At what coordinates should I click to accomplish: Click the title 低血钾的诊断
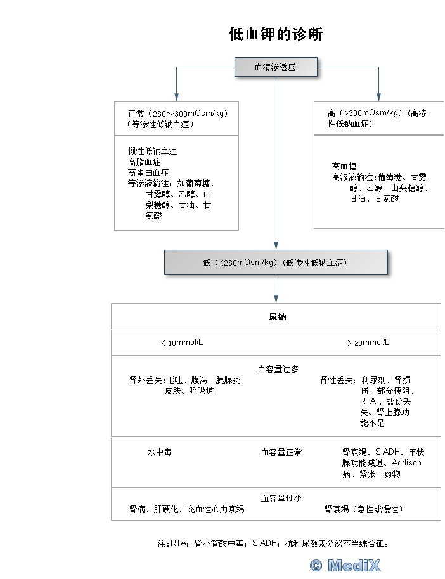(276, 34)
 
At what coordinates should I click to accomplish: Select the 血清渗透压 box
(276, 67)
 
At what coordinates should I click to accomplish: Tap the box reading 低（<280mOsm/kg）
(276, 262)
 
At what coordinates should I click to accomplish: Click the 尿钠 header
(278, 316)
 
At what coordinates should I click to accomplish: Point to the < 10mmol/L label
(182, 342)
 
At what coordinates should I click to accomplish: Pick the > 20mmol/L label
(368, 342)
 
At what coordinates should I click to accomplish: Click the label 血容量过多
(278, 369)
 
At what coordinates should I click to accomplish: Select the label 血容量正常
(281, 452)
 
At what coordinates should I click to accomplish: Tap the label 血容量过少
(281, 498)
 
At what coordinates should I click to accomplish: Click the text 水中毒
(160, 452)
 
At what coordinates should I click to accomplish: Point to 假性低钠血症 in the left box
(152, 151)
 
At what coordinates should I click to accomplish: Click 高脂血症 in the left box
(145, 162)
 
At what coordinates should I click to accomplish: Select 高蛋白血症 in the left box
(148, 172)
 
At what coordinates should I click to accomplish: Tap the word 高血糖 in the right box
(344, 166)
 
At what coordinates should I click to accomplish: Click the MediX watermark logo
(345, 565)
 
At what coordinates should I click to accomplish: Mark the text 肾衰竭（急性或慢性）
(364, 509)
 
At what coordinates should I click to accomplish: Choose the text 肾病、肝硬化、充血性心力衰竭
(187, 509)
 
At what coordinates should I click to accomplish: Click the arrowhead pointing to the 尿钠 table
(276, 299)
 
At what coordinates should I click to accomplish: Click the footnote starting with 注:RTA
(273, 543)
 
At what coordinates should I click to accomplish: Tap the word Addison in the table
(406, 463)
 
